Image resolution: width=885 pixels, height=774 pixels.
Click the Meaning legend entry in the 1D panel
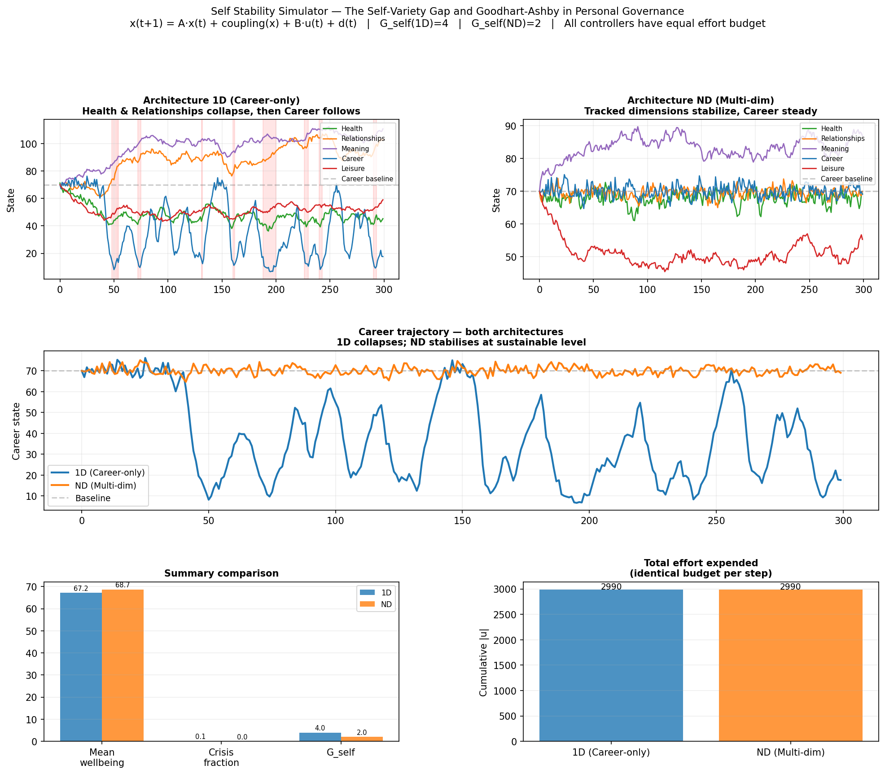coord(346,149)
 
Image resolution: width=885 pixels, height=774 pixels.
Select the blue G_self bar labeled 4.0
coord(320,737)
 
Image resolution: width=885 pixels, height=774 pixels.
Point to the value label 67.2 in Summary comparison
coord(81,589)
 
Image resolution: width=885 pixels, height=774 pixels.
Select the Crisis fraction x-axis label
coord(221,757)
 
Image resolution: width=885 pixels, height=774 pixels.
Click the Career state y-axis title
coord(16,431)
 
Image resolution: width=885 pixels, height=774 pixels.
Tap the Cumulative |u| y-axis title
coord(483,662)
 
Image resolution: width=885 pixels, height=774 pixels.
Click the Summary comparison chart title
coord(221,573)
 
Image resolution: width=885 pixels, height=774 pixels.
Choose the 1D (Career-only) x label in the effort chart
coord(611,752)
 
